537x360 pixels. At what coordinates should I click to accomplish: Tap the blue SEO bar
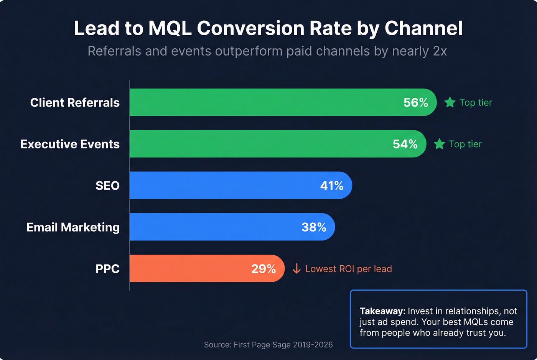[222, 185]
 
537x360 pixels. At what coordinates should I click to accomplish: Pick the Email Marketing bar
[215, 227]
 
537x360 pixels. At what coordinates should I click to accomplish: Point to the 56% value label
[415, 102]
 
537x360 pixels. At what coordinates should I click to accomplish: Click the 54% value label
[405, 144]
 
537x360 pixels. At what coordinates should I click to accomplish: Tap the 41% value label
[332, 186]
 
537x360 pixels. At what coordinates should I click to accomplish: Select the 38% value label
[314, 227]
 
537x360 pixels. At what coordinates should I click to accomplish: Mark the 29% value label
[264, 269]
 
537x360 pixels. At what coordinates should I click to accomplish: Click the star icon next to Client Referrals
[450, 102]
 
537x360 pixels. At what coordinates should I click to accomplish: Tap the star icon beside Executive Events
[439, 144]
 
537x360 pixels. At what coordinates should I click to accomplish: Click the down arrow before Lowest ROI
[297, 269]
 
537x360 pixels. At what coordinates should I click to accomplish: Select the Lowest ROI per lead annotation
[348, 269]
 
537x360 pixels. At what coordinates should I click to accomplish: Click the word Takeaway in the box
[382, 311]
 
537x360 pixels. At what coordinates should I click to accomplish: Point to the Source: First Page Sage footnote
[268, 345]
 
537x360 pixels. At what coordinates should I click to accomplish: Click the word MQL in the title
[170, 28]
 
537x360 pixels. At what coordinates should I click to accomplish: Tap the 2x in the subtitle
[440, 51]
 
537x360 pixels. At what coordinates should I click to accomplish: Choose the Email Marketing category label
[73, 227]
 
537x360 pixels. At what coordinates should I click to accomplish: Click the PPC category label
[107, 269]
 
